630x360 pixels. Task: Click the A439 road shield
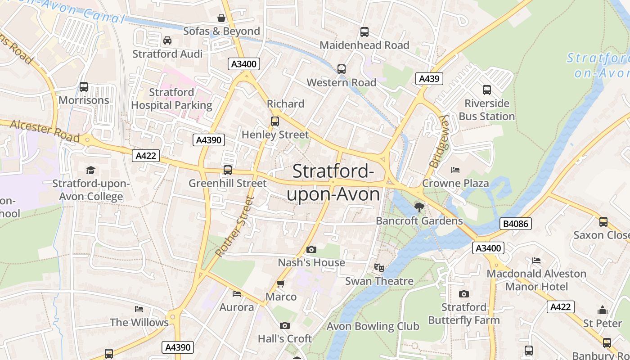pyautogui.click(x=429, y=79)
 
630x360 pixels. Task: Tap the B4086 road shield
pyautogui.click(x=515, y=224)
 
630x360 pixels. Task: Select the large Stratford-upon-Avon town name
pyautogui.click(x=333, y=183)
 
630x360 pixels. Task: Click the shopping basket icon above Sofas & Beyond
pyautogui.click(x=221, y=18)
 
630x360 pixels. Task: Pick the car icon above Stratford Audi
pyautogui.click(x=167, y=40)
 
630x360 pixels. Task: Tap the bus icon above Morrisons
pyautogui.click(x=84, y=87)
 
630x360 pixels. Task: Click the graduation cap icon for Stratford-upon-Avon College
pyautogui.click(x=91, y=170)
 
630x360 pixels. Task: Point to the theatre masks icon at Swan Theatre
pyautogui.click(x=379, y=268)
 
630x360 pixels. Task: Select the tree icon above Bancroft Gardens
pyautogui.click(x=419, y=207)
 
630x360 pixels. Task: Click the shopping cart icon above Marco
pyautogui.click(x=281, y=283)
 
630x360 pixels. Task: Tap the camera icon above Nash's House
pyautogui.click(x=311, y=249)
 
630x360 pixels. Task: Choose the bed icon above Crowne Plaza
pyautogui.click(x=455, y=170)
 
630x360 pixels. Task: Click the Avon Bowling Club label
pyautogui.click(x=373, y=326)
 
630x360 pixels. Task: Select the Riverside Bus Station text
pyautogui.click(x=486, y=110)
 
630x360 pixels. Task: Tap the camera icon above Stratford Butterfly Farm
pyautogui.click(x=464, y=294)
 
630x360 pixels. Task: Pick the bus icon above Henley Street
pyautogui.click(x=274, y=121)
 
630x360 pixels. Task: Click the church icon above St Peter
pyautogui.click(x=603, y=310)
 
